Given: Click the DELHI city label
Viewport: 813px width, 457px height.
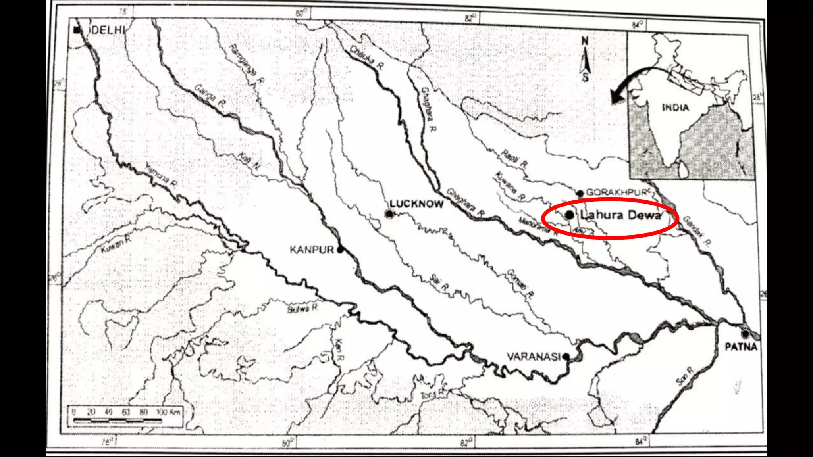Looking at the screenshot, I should coord(108,30).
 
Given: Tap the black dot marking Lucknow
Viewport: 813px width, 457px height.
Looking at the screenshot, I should coord(389,214).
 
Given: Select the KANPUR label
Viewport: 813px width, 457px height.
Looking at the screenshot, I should coord(312,250).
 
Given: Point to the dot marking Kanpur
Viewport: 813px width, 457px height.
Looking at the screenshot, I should coord(340,250).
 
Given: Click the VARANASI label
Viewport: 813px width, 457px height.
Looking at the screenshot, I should coord(533,357).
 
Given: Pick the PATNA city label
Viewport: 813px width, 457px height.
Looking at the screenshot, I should coord(741,347).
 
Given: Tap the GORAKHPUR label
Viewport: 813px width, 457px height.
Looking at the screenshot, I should coord(616,192).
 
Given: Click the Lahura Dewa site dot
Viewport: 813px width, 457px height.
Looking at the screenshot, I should coord(569,215).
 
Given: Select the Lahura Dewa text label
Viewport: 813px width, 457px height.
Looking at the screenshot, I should coord(621,215).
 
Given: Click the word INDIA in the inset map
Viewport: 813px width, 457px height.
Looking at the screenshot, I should coord(675,108).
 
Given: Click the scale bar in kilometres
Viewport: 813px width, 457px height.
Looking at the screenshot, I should coord(126,417).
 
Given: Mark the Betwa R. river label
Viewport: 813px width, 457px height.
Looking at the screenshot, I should coord(302,308).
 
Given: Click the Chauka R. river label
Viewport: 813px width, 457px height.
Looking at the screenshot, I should coord(367,58).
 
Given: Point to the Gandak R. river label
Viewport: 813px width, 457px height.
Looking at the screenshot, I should coord(697,232).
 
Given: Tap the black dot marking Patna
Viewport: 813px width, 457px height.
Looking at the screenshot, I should coord(746,334).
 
